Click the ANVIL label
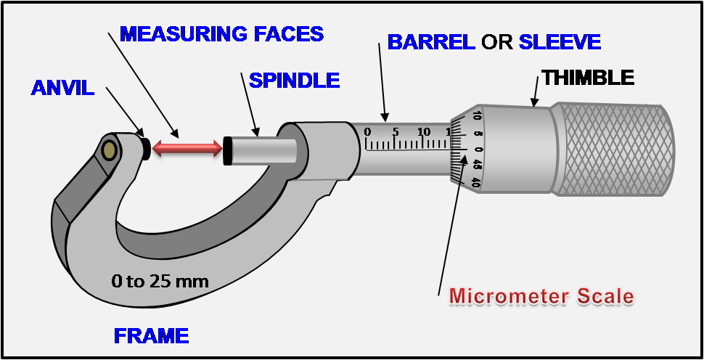(x=62, y=89)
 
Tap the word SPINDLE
(x=294, y=80)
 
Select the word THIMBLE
(x=588, y=77)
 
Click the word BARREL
(x=430, y=42)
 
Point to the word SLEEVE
(x=560, y=42)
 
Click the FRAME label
(x=151, y=336)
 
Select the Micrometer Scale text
(x=541, y=296)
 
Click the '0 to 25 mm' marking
(x=160, y=281)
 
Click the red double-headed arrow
(x=187, y=148)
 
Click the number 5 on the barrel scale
(x=395, y=131)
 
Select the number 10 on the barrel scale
(x=424, y=131)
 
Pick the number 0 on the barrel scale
(x=367, y=132)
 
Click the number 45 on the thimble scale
(x=477, y=165)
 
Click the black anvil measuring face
(x=146, y=148)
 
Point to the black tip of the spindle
(x=227, y=149)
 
